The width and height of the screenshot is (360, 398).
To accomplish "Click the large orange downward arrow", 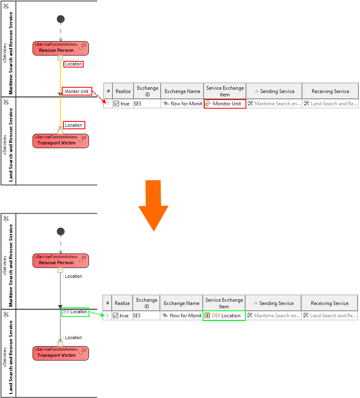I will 153,208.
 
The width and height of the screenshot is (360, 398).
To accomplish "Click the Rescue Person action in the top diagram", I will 61,48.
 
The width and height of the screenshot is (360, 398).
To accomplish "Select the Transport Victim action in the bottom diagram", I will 61,353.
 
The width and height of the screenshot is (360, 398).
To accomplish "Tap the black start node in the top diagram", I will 61,19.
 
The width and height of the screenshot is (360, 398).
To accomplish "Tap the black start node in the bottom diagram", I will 61,232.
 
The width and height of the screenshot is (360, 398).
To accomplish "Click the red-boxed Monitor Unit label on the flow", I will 77,91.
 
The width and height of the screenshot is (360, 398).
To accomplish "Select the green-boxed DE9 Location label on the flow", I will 75,312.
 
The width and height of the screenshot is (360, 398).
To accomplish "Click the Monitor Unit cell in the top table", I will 225,104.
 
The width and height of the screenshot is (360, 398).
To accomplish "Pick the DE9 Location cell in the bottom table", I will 224,316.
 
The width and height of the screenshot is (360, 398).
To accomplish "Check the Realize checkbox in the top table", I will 116,104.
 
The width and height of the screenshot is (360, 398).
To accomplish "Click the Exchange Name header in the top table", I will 182,91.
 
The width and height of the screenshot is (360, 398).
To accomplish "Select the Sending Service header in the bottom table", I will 273,303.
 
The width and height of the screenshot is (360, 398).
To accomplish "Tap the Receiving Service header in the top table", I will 330,91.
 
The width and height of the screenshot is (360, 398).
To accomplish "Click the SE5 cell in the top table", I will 138,104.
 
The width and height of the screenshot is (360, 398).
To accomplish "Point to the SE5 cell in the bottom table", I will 137,316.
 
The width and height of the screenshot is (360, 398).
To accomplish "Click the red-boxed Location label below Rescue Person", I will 73,64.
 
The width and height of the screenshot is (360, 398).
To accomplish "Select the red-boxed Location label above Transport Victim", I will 73,125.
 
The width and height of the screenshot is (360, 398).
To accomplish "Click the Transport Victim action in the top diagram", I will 61,141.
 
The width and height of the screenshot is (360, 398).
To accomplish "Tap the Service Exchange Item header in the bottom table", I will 224,303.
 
